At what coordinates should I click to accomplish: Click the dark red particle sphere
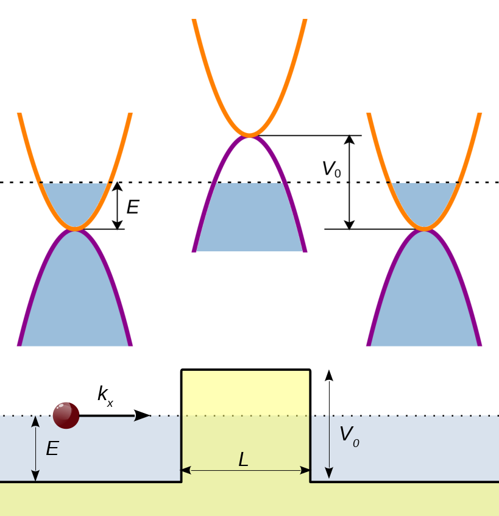[x=66, y=415]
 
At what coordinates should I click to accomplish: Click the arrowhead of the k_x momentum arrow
[x=143, y=415]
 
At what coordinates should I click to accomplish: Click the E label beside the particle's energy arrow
[x=52, y=450]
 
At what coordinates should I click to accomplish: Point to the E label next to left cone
[x=132, y=207]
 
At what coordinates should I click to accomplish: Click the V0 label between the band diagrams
[x=331, y=169]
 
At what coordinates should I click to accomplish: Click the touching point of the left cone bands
[x=75, y=229]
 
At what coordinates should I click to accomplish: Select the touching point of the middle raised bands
[x=249, y=135]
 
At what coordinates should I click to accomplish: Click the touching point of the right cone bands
[x=425, y=229]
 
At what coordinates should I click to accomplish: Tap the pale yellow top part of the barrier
[x=246, y=393]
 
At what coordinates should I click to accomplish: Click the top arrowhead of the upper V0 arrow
[x=349, y=140]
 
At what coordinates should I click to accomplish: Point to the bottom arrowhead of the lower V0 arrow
[x=329, y=474]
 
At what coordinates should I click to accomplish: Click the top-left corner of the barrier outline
[x=182, y=370]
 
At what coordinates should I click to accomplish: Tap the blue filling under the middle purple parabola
[x=249, y=220]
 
